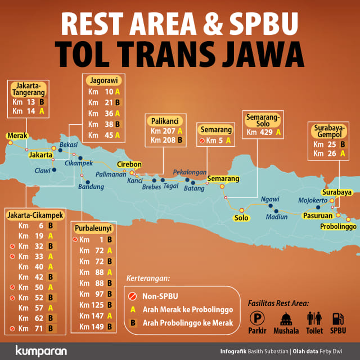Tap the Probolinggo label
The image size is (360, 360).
(339, 226)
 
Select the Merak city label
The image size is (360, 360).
(17, 136)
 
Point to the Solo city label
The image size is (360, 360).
(241, 218)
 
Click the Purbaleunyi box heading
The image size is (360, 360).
(92, 228)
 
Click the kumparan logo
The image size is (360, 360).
(41, 350)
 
